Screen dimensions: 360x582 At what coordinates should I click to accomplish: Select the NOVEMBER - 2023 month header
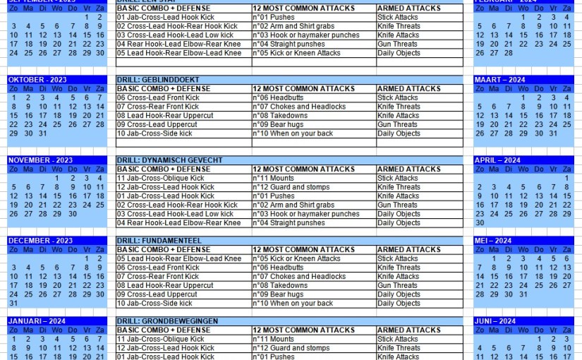click(x=40, y=160)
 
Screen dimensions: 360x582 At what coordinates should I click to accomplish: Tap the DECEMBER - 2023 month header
click(x=40, y=241)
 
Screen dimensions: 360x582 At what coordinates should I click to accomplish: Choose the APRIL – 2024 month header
click(x=498, y=160)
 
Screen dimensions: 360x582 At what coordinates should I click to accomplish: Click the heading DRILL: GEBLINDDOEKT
click(x=158, y=80)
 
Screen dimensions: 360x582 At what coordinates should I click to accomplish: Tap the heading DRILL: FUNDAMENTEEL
click(x=159, y=241)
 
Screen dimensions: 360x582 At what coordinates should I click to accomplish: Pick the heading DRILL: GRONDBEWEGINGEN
click(x=167, y=321)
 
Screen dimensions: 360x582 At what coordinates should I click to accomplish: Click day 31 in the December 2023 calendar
click(x=13, y=304)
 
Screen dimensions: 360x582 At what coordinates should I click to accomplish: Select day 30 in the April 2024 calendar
click(x=480, y=223)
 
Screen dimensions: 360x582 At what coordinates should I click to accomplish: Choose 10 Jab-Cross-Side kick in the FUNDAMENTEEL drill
click(x=154, y=304)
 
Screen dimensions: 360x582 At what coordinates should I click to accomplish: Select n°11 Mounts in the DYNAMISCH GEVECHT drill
click(x=274, y=179)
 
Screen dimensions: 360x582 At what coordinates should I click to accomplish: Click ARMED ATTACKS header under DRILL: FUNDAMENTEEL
click(x=408, y=249)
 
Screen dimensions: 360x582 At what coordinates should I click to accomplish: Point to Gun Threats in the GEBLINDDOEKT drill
click(x=398, y=124)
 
